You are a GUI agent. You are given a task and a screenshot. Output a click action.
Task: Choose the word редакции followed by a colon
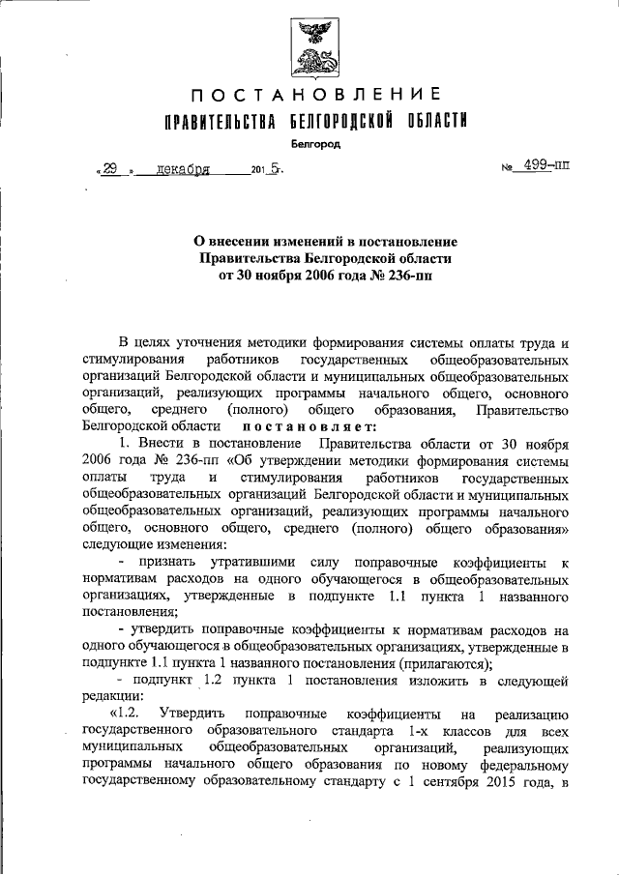112,696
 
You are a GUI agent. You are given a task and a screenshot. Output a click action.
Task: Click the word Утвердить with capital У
195,713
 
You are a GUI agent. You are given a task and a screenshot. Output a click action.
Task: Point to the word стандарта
368,730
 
